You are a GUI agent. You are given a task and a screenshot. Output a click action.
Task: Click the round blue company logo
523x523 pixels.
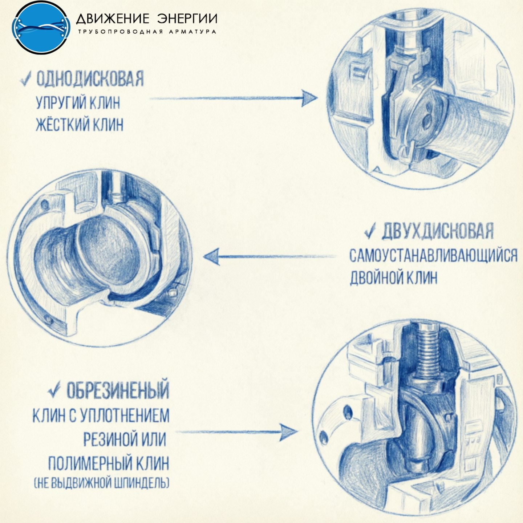pyautogui.click(x=41, y=27)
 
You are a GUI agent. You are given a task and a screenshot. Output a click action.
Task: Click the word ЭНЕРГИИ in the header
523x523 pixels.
pyautogui.click(x=187, y=19)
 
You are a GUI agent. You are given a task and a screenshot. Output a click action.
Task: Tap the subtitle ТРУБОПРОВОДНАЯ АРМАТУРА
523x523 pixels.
pyautogui.click(x=147, y=32)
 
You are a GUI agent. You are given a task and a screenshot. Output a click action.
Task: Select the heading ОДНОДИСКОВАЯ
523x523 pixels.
pyautogui.click(x=90, y=79)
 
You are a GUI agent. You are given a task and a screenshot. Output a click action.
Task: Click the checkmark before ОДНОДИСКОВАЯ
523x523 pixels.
pyautogui.click(x=26, y=79)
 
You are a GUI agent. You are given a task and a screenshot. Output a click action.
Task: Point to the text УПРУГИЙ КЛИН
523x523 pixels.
pyautogui.click(x=78, y=103)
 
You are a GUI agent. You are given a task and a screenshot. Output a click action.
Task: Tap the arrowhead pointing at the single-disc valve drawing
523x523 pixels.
pyautogui.click(x=309, y=98)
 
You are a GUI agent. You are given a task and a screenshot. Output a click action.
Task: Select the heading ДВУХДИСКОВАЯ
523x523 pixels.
pyautogui.click(x=437, y=231)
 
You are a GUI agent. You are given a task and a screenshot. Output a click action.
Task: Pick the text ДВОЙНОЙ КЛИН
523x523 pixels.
pyautogui.click(x=394, y=277)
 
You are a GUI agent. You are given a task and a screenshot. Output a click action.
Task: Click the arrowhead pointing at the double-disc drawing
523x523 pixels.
pyautogui.click(x=211, y=256)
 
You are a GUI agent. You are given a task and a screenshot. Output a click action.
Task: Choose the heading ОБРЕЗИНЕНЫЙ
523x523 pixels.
pyautogui.click(x=118, y=390)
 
